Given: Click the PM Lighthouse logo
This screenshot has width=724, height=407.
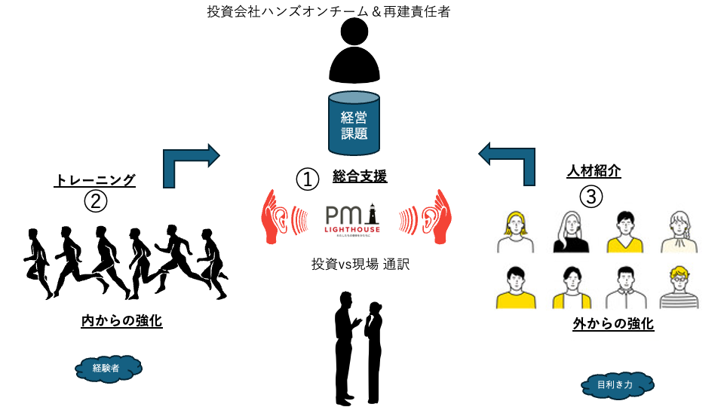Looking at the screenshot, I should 354,219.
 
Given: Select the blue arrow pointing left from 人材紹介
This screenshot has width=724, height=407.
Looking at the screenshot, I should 509,161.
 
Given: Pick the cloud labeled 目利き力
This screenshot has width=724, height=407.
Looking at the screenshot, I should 617,385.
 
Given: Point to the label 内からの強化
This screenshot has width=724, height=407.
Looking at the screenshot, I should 121,321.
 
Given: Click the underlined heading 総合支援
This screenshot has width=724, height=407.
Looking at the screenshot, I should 360,177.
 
